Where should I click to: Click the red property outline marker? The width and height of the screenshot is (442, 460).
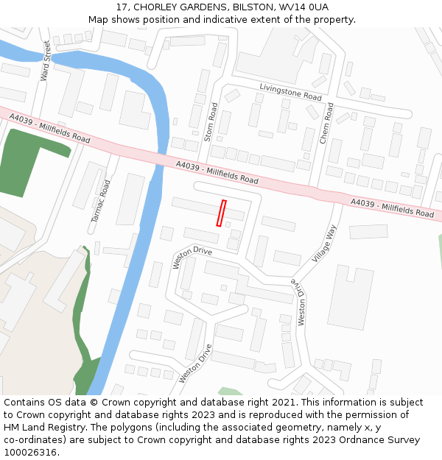tap(220, 213)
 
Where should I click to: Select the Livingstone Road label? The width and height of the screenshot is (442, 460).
tap(290, 92)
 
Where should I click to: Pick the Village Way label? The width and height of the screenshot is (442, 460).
tap(325, 244)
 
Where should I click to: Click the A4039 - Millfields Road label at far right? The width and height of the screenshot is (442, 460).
tap(393, 208)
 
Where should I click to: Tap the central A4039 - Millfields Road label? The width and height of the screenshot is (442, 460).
tap(217, 174)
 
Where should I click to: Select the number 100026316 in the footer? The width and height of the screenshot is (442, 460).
tap(29, 453)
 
